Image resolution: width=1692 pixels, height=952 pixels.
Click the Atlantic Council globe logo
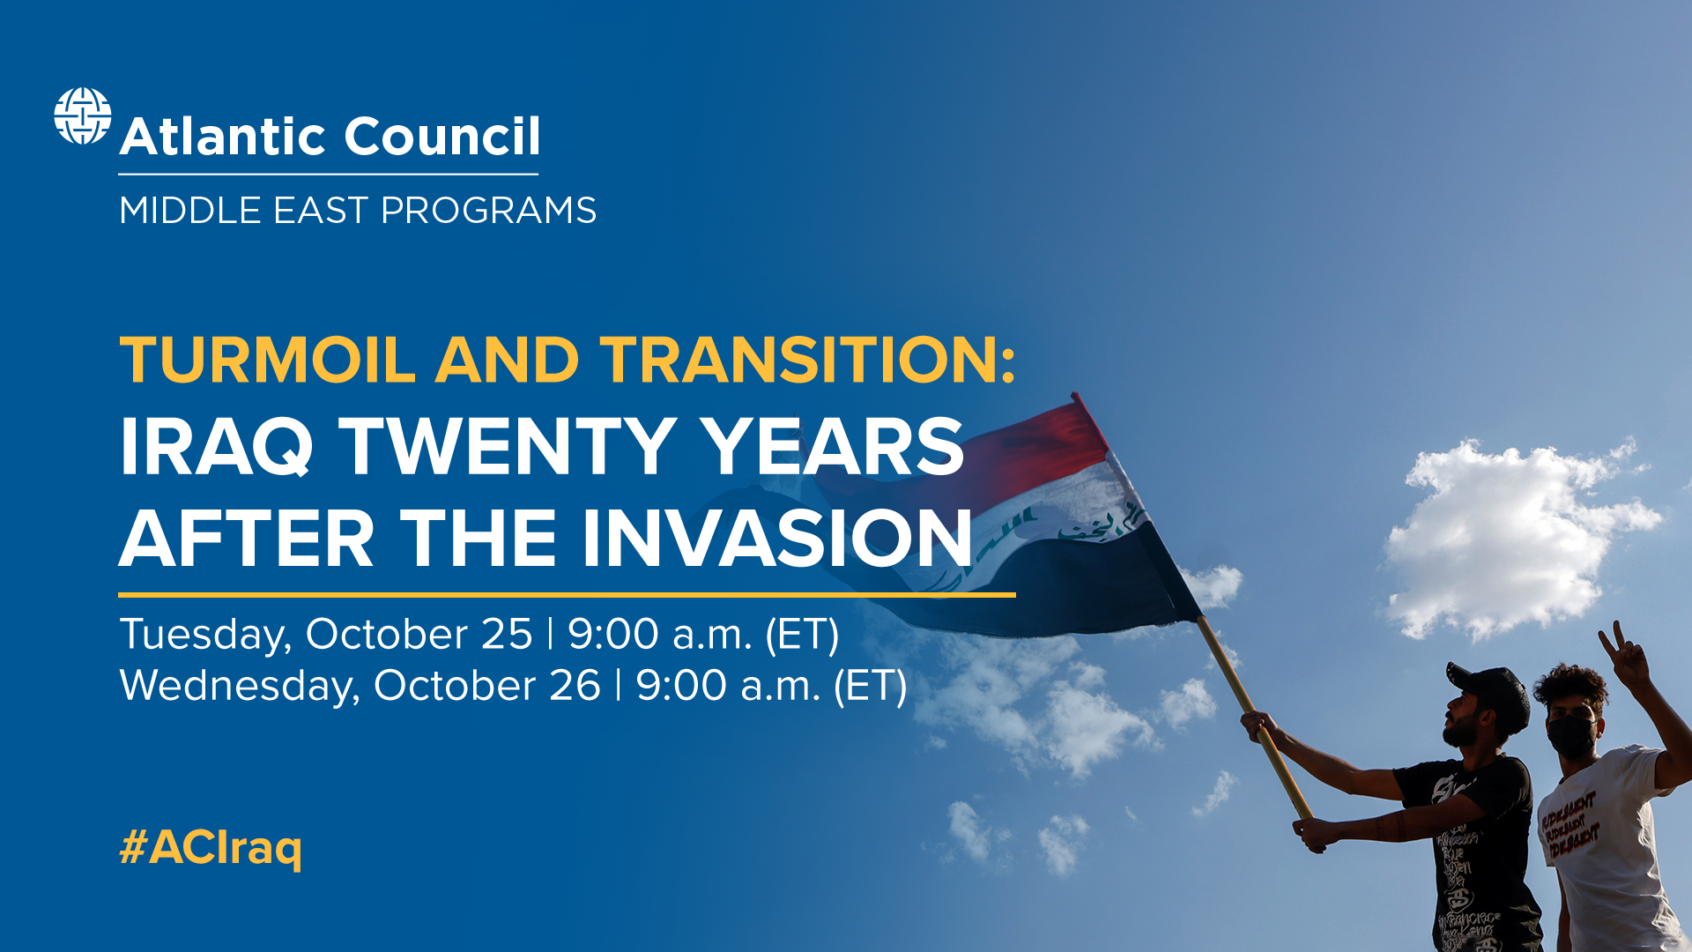[x=83, y=115]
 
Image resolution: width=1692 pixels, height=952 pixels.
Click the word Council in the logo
[x=442, y=137]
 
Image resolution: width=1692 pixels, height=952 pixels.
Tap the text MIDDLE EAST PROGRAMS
[x=358, y=211]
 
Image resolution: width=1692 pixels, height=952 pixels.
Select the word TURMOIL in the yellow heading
[x=267, y=361]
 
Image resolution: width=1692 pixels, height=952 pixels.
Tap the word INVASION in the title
[x=776, y=538]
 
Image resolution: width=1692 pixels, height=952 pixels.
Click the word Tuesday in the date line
[x=205, y=635]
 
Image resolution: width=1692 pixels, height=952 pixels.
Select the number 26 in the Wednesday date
[x=575, y=686]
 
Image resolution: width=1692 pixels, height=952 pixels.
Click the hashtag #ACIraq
[x=211, y=847]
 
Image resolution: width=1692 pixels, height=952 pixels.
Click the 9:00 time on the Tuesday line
[x=612, y=635]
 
